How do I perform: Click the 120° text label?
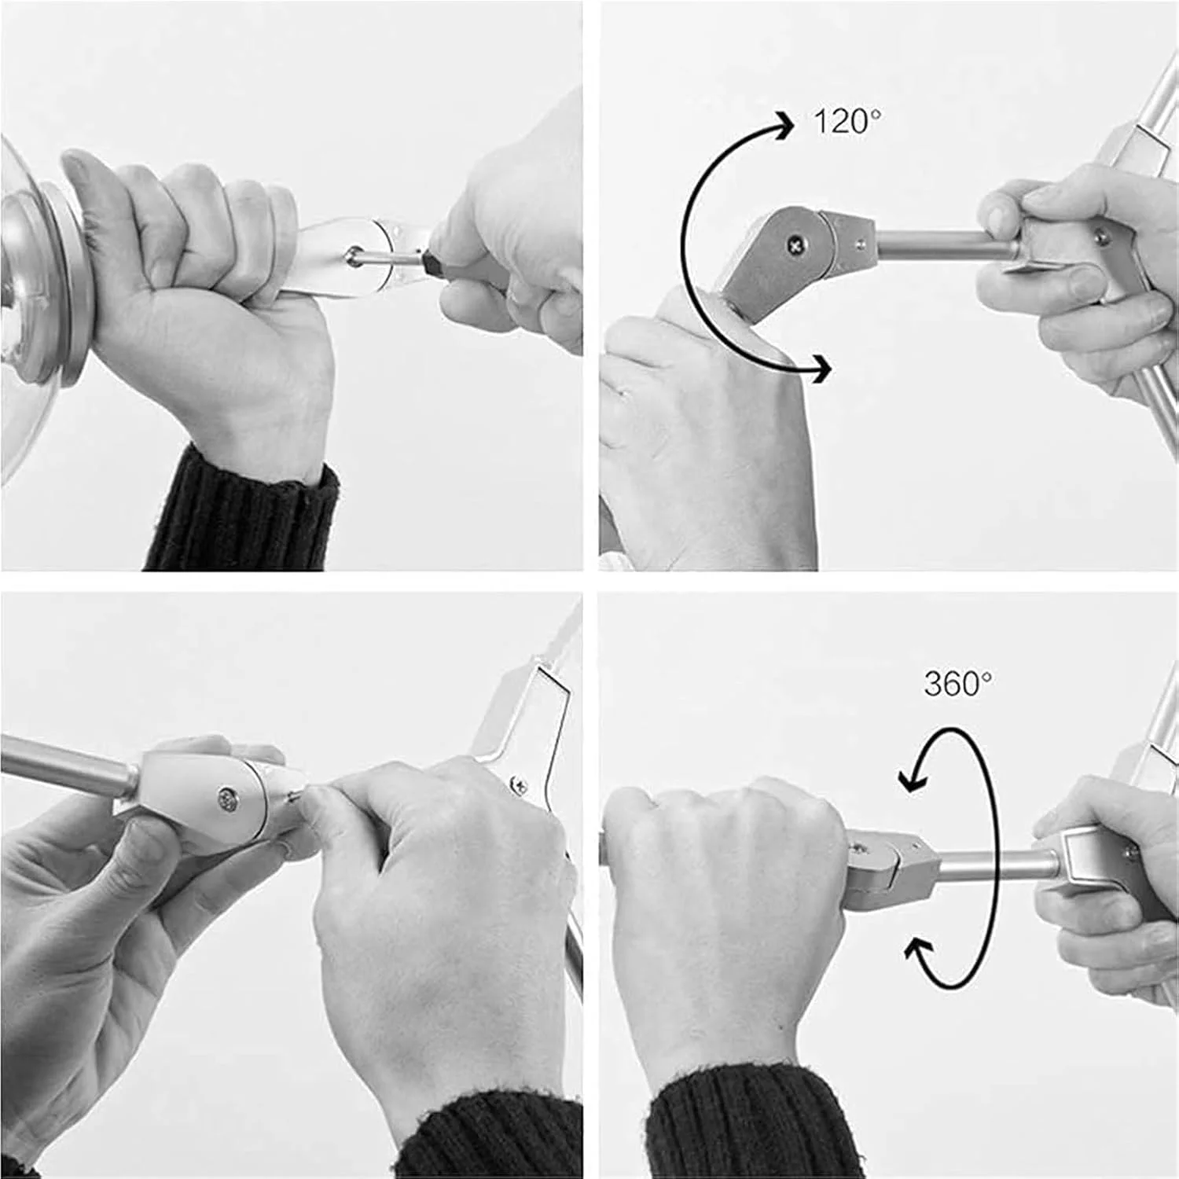tap(847, 122)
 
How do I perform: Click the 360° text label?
tap(957, 684)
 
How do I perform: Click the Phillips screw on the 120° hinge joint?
tap(797, 245)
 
